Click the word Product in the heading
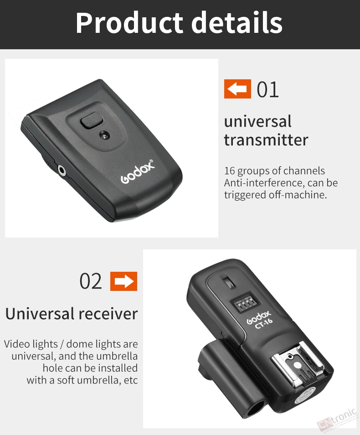point(129,23)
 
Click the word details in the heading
point(237,22)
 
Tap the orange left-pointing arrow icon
point(237,89)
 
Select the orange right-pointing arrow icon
point(123,281)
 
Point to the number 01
point(267,89)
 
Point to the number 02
point(91,281)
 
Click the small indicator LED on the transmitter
point(104,135)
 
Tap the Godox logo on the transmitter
point(138,171)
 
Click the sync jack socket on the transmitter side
point(62,171)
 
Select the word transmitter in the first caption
point(266,140)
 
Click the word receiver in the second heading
point(108,314)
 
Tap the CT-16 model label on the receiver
point(264,323)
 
